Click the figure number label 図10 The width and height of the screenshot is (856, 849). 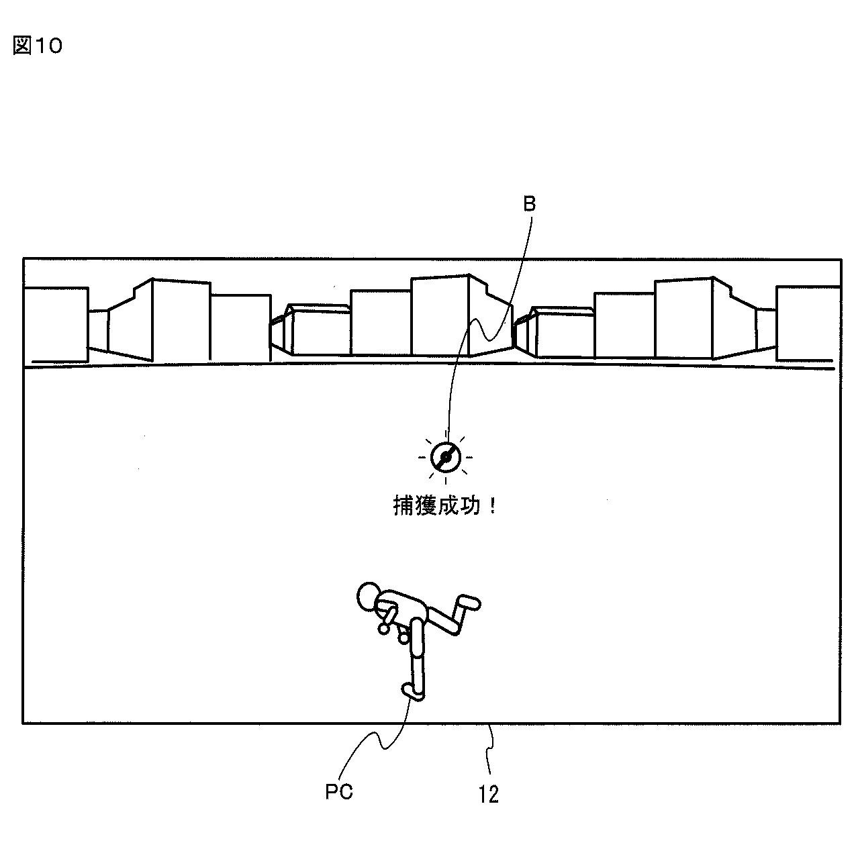click(x=38, y=46)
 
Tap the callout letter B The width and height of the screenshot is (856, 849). click(x=530, y=205)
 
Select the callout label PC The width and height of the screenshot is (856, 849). click(x=339, y=792)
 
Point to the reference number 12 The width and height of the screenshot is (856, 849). click(x=489, y=794)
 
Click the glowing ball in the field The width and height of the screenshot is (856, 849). click(x=445, y=458)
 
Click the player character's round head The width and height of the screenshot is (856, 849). click(x=369, y=596)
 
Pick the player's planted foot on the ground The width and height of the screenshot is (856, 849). click(x=412, y=692)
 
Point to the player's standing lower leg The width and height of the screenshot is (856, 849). click(x=418, y=675)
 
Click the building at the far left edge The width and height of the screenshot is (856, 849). click(x=55, y=322)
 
